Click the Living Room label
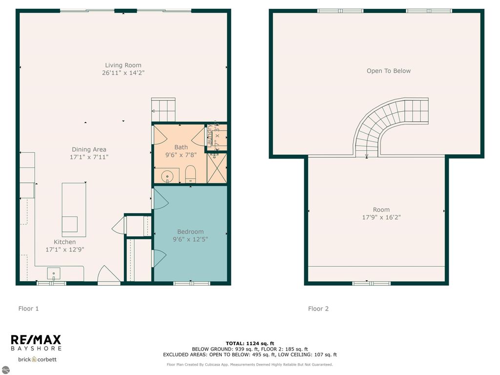[x=123, y=65]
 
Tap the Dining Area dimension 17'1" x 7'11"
[x=89, y=157]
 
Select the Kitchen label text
[x=64, y=242]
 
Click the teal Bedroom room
[x=190, y=254]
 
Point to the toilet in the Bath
[x=190, y=173]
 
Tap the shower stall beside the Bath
[x=217, y=168]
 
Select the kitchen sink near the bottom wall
[x=53, y=273]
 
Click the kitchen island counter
[x=74, y=209]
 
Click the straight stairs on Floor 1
[x=163, y=109]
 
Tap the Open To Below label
[x=389, y=71]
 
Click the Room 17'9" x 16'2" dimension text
[x=381, y=217]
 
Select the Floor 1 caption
[x=28, y=309]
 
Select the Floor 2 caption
[x=318, y=309]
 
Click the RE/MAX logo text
[x=36, y=339]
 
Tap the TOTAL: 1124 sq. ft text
[x=250, y=343]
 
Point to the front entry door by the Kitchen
[x=108, y=276]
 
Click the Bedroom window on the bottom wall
[x=191, y=283]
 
